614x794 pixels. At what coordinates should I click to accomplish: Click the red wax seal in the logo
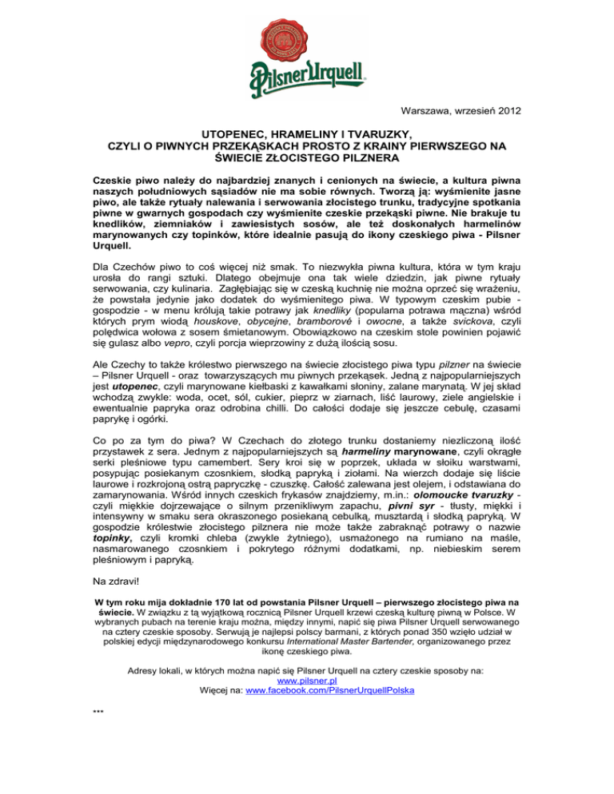click(305, 39)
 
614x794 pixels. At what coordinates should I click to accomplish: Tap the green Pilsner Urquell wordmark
click(306, 77)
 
